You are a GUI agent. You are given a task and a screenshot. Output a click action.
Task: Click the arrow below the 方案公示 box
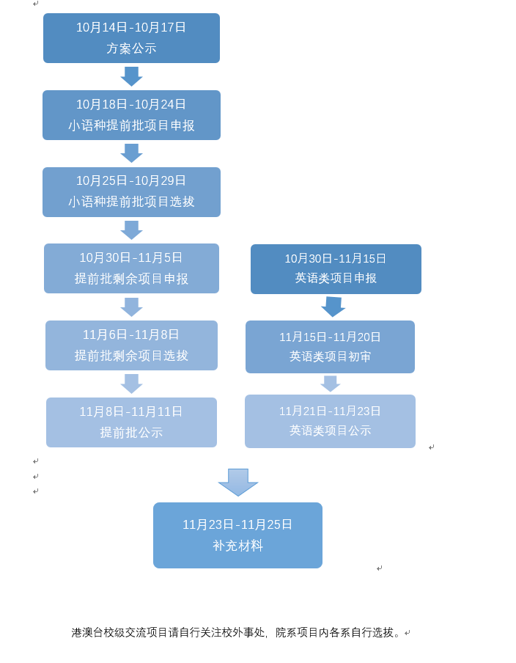131,76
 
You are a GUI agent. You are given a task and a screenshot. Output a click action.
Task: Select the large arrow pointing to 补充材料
238,482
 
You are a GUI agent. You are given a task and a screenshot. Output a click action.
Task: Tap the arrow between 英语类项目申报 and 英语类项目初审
333,307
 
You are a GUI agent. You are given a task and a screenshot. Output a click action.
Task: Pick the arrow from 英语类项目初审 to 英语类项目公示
331,384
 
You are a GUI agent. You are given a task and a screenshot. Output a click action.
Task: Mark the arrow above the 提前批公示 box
131,384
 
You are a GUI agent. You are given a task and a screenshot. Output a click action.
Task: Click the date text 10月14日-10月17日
131,28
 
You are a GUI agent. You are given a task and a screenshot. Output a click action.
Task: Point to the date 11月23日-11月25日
237,525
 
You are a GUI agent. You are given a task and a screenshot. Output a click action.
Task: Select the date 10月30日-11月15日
336,259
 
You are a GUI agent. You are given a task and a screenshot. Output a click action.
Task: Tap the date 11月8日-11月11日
131,412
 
